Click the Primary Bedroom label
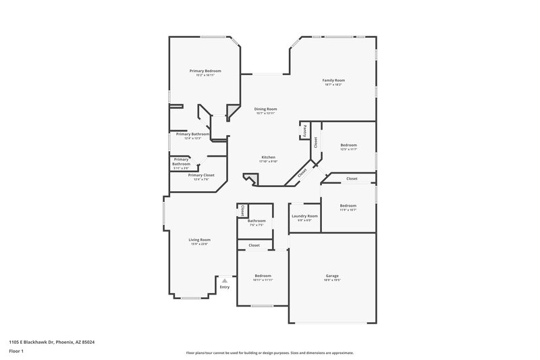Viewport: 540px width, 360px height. [205, 71]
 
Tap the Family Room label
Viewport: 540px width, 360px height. [333, 80]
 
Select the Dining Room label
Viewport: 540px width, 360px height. [265, 109]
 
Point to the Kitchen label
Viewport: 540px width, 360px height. [269, 157]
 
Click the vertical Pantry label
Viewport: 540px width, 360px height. [304, 130]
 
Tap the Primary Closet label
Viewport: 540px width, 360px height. [200, 175]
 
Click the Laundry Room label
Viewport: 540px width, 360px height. [304, 216]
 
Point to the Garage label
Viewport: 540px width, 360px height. [332, 276]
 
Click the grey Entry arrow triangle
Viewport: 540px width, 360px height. [225, 280]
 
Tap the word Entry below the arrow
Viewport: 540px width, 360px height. [225, 288]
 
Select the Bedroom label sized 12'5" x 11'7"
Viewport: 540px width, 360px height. [348, 145]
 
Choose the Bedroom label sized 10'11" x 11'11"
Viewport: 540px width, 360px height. [263, 276]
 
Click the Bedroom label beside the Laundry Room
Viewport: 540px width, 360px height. [348, 205]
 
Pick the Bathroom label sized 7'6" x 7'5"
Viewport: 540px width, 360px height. [256, 221]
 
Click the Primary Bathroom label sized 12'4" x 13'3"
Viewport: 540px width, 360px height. [192, 134]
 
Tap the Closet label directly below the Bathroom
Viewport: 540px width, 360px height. [254, 245]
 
